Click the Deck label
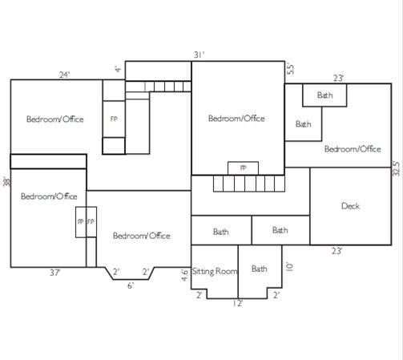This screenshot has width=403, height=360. (350, 206)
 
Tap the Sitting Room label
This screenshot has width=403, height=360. (215, 272)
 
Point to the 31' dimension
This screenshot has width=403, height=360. (199, 55)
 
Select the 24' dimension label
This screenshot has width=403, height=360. (64, 75)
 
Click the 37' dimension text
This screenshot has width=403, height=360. (55, 273)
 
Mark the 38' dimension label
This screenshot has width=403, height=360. (6, 181)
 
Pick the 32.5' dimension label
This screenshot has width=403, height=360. (397, 168)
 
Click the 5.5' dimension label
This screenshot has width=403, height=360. (290, 68)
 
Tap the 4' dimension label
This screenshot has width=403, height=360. (118, 70)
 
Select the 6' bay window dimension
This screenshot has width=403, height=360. (130, 285)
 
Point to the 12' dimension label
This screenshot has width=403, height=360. (238, 303)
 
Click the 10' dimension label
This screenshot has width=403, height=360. (289, 267)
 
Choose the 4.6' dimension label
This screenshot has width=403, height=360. (184, 275)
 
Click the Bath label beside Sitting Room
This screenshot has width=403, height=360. (259, 269)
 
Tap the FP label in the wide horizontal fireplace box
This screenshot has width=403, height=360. (243, 168)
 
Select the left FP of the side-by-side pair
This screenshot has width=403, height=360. (80, 221)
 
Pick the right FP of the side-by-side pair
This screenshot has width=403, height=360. (91, 221)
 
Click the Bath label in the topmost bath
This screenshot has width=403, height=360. (324, 95)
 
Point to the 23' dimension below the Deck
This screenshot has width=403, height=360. (337, 251)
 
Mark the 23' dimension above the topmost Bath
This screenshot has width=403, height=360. (338, 78)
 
